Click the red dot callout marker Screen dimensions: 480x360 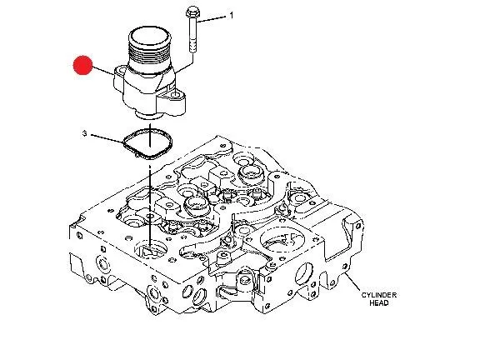click(82, 65)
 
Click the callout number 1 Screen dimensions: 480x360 click(232, 15)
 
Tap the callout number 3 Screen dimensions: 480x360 click(84, 134)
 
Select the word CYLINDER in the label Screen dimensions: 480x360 click(379, 295)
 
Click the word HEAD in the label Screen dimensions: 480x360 click(379, 303)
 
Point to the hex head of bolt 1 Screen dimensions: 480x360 click(192, 12)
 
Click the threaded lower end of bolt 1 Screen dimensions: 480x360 click(192, 45)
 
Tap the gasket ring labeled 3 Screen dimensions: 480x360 click(147, 144)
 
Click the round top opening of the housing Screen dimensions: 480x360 click(150, 34)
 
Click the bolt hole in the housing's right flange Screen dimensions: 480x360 click(175, 96)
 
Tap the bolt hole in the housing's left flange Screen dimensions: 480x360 click(121, 71)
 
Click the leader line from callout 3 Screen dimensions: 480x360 click(107, 138)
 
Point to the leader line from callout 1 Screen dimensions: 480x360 click(212, 19)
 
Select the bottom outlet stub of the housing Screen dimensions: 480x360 click(147, 115)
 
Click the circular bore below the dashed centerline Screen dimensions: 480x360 click(151, 248)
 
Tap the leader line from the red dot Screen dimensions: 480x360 click(102, 71)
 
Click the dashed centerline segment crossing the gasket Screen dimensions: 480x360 click(150, 135)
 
